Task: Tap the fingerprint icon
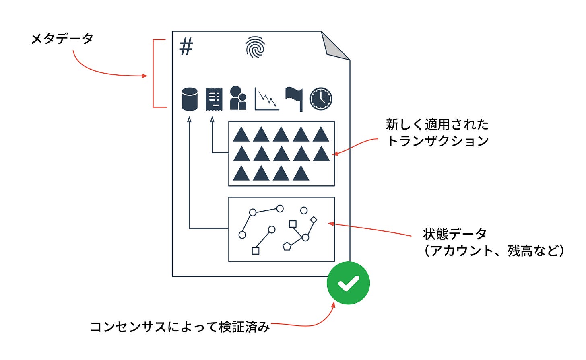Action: pyautogui.click(x=255, y=47)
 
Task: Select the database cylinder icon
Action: pyautogui.click(x=190, y=99)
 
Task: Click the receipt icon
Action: pyautogui.click(x=214, y=99)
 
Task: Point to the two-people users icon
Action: pyautogui.click(x=238, y=98)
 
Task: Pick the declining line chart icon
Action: pyautogui.click(x=266, y=99)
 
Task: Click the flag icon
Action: pyautogui.click(x=294, y=98)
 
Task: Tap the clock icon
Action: pyautogui.click(x=321, y=99)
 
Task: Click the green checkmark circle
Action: pyautogui.click(x=348, y=283)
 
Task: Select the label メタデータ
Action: pyautogui.click(x=62, y=39)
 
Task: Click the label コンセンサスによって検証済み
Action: pyautogui.click(x=180, y=327)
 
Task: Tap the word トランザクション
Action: pyautogui.click(x=437, y=141)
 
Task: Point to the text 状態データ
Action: pyautogui.click(x=455, y=234)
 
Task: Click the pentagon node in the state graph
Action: pyautogui.click(x=287, y=246)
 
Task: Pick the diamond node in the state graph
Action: pyautogui.click(x=314, y=220)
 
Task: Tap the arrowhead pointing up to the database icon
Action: pyautogui.click(x=189, y=120)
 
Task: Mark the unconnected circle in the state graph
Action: pyautogui.click(x=304, y=210)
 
